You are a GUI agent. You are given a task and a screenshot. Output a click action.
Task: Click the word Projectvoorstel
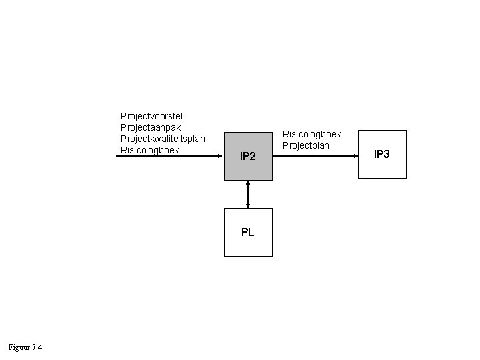coord(151,116)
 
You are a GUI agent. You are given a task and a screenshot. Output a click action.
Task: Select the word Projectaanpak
coord(151,127)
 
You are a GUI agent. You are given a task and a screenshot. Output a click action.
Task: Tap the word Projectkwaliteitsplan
coord(163,139)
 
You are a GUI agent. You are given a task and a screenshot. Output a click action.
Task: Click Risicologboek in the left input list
coord(150,150)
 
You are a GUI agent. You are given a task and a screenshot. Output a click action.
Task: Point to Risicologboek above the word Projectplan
coord(312,134)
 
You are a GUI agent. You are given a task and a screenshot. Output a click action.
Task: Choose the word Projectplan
coord(306,145)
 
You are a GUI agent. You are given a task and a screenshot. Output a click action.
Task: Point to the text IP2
coord(248,157)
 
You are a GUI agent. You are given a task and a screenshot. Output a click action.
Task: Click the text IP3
coord(382,155)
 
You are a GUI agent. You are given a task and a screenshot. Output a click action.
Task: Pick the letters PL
coord(248,233)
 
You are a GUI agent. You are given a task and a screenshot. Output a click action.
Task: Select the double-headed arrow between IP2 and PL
coord(248,195)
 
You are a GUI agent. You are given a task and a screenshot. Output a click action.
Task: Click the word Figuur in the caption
coord(19,347)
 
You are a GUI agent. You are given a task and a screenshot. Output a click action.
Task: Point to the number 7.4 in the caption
coord(37,347)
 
